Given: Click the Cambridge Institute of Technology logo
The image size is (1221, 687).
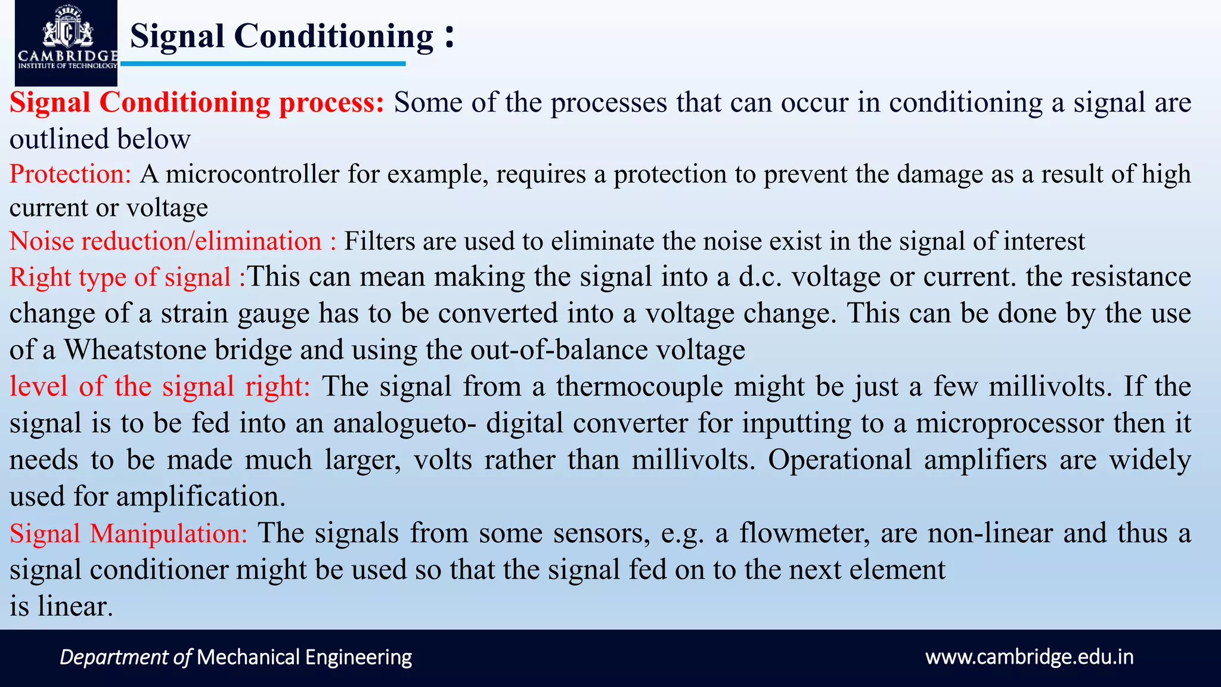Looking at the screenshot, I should point(66,43).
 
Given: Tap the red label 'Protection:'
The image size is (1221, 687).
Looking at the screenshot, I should point(70,174).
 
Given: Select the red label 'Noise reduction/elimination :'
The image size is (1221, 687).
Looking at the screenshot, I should point(173,242).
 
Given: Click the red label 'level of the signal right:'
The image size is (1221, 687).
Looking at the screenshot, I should point(160,386).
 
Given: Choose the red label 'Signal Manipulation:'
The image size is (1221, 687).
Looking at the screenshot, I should point(128,533).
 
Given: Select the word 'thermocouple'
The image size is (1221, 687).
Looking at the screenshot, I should point(639,386).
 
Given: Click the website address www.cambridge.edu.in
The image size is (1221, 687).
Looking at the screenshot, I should point(1029,657).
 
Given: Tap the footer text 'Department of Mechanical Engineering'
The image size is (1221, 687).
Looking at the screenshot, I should point(235,657).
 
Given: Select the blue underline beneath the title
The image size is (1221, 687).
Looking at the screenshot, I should point(263,64).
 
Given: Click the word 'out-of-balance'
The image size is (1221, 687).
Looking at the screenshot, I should point(559,349).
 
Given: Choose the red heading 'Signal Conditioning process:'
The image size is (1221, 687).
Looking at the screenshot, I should point(197,103).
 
